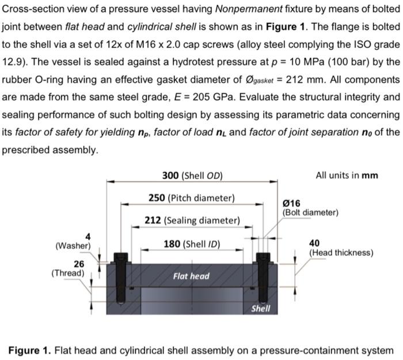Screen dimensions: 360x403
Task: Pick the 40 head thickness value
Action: [x=315, y=243]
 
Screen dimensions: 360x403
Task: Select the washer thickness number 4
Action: [x=88, y=236]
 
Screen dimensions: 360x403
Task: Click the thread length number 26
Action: [x=79, y=263]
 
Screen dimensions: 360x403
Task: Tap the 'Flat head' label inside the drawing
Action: [x=191, y=277]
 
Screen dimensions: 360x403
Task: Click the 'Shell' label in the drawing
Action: [x=261, y=309]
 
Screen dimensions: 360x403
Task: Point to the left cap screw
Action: [x=121, y=279]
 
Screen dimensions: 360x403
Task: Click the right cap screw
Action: [x=263, y=279]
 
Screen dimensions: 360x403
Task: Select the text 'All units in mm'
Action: [x=347, y=175]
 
